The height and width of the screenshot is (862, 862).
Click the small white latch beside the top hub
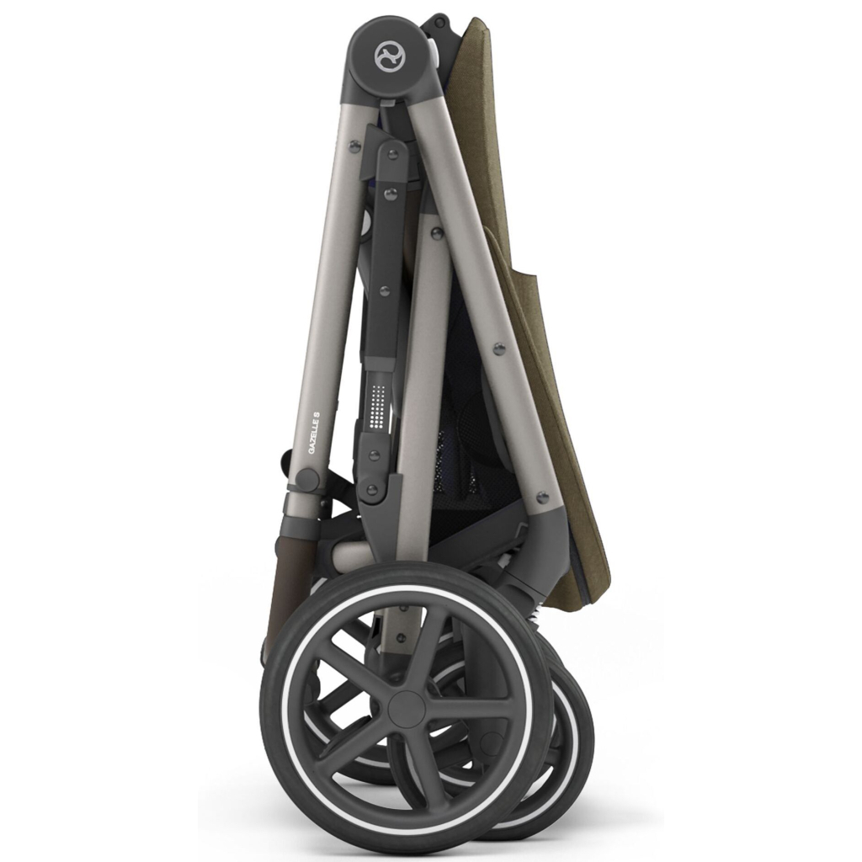coord(435,52)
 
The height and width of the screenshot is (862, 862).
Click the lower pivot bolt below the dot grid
coord(371,489)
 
